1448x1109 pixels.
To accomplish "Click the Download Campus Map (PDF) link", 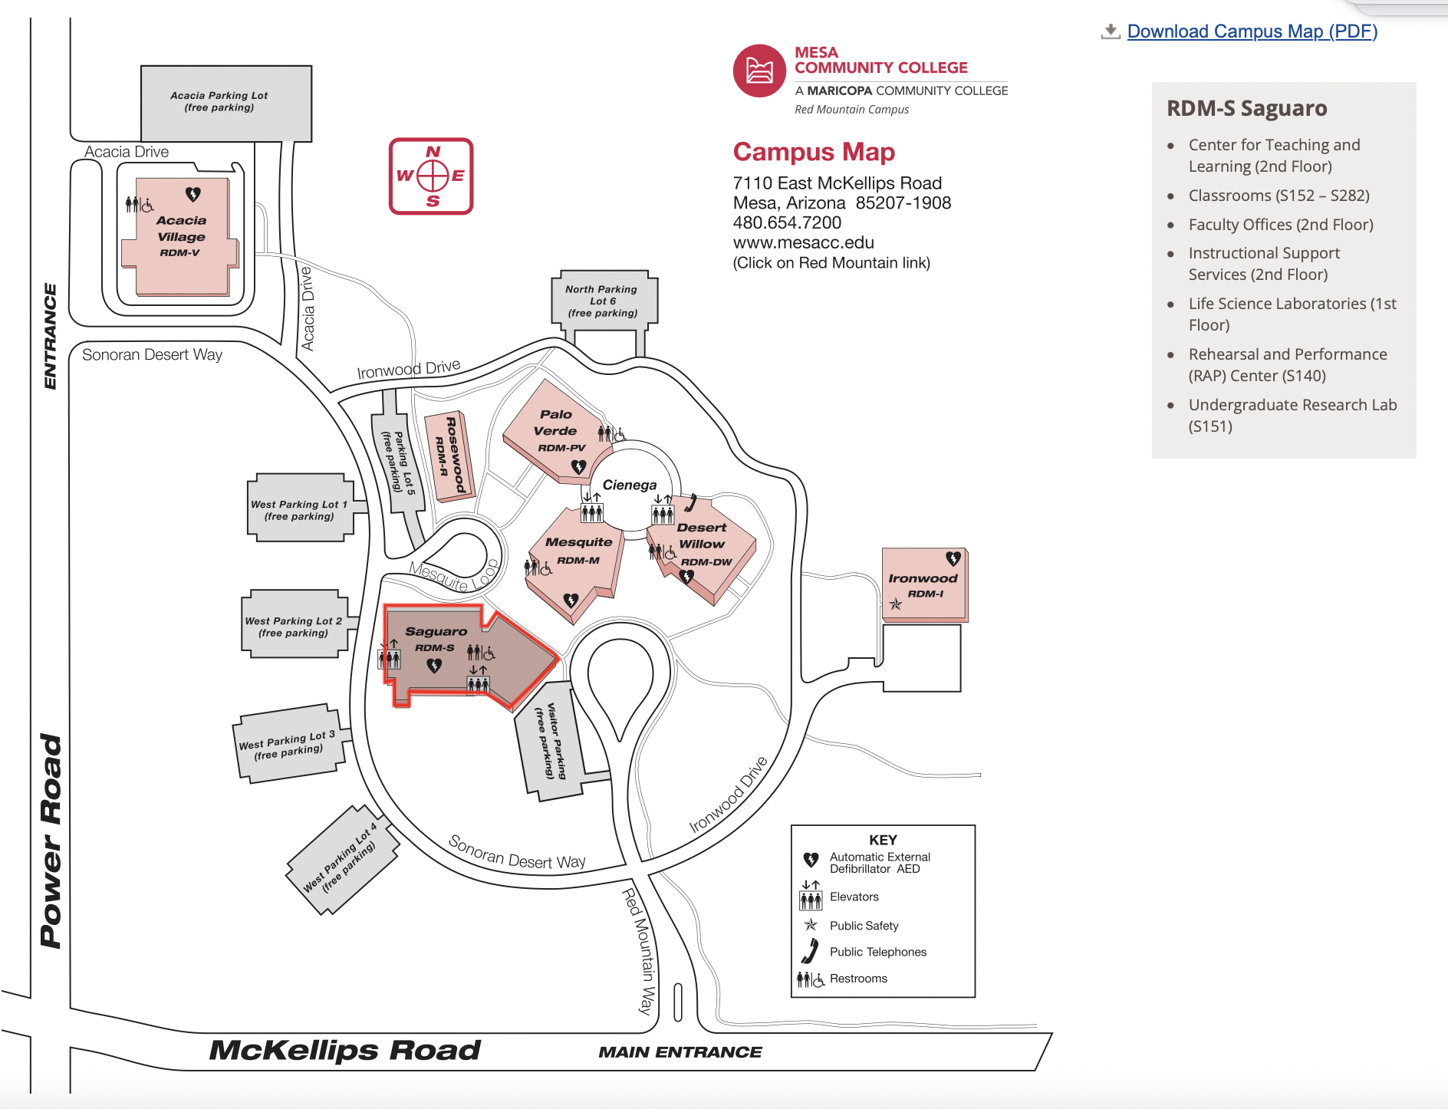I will click(x=1252, y=31).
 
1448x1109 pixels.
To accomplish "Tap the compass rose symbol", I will click(x=432, y=176).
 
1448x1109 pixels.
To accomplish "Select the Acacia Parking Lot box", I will click(x=226, y=102).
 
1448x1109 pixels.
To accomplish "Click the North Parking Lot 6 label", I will click(x=603, y=301).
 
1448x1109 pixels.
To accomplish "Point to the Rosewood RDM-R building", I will click(x=451, y=457).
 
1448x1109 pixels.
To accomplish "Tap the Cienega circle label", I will click(x=630, y=485).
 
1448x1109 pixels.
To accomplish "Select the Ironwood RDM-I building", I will click(x=924, y=584).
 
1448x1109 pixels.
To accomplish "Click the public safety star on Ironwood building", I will click(x=896, y=604).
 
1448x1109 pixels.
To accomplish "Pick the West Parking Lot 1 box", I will click(x=300, y=510).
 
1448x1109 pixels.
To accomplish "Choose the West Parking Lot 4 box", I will click(x=342, y=859).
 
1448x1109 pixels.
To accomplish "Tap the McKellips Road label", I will click(x=345, y=1050).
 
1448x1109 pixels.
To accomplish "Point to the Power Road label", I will click(x=51, y=841).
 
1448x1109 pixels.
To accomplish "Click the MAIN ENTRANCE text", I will click(x=680, y=1052).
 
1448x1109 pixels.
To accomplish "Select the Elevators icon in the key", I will click(x=811, y=897).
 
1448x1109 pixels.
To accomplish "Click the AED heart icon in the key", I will click(x=811, y=860).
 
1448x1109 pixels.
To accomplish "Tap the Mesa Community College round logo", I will click(x=759, y=71).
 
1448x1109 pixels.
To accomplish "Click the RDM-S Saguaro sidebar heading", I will click(x=1246, y=108).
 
